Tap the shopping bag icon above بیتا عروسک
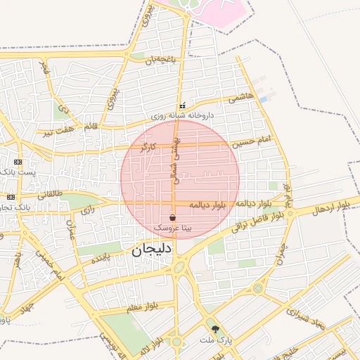(174, 218)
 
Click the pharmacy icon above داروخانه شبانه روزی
(183, 105)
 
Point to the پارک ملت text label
(214, 340)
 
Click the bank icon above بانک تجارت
(11, 197)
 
